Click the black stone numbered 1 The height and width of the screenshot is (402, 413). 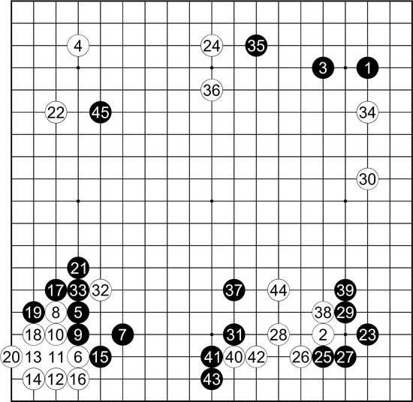pyautogui.click(x=367, y=68)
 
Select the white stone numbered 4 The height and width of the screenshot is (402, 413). pyautogui.click(x=78, y=46)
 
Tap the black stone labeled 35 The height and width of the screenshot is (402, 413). pyautogui.click(x=256, y=46)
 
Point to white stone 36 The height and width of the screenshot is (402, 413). pyautogui.click(x=212, y=90)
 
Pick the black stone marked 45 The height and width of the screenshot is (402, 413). pyautogui.click(x=101, y=112)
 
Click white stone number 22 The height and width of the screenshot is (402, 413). pyautogui.click(x=56, y=112)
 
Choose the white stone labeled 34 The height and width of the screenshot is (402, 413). pyautogui.click(x=367, y=112)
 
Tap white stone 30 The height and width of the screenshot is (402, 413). pyautogui.click(x=367, y=179)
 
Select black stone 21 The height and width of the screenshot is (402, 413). pyautogui.click(x=78, y=268)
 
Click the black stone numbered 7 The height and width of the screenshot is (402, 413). pyautogui.click(x=122, y=334)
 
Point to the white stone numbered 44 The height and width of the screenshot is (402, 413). pyautogui.click(x=279, y=290)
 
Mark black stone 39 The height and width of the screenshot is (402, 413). pyautogui.click(x=345, y=290)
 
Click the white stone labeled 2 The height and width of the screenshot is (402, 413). pyautogui.click(x=323, y=334)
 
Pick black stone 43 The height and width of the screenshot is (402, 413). pyautogui.click(x=212, y=379)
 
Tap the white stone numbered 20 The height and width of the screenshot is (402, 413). pyautogui.click(x=11, y=357)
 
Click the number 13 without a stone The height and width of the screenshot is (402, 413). pyautogui.click(x=34, y=357)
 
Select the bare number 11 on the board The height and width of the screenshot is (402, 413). pyautogui.click(x=56, y=357)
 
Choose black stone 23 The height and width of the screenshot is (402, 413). pyautogui.click(x=367, y=334)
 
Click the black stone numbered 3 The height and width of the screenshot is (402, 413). pyautogui.click(x=323, y=68)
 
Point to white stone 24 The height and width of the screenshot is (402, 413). pyautogui.click(x=212, y=46)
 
